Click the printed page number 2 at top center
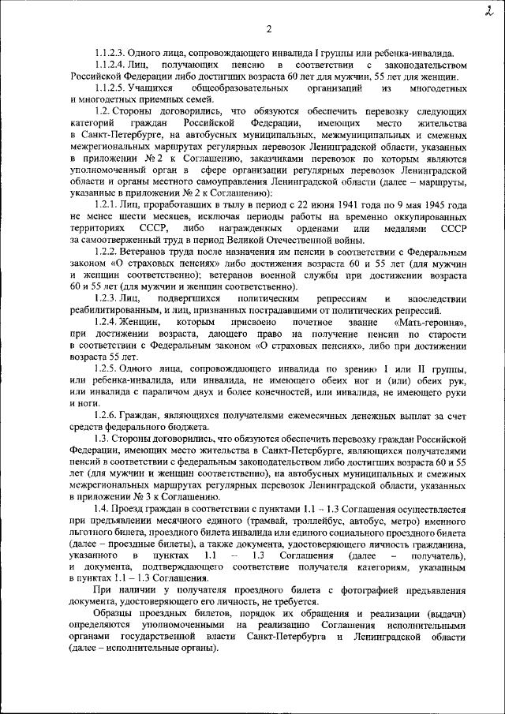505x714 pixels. point(268,30)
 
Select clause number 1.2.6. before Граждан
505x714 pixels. point(106,415)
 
